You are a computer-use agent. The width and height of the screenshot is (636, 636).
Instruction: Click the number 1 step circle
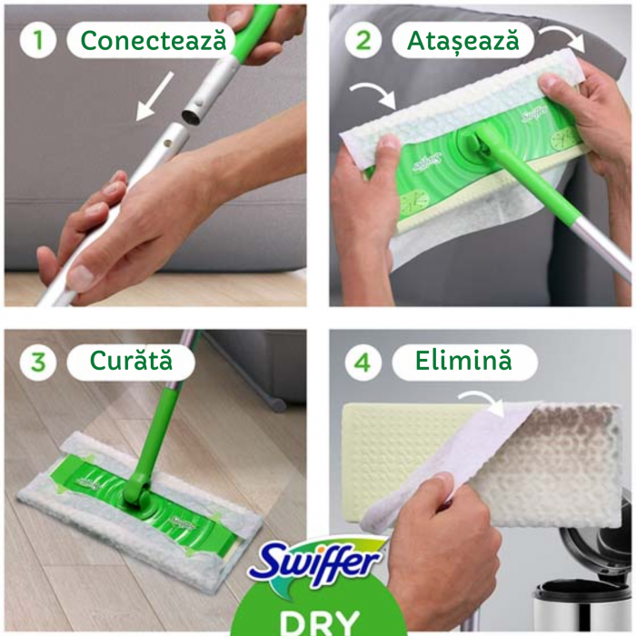[x=38, y=41]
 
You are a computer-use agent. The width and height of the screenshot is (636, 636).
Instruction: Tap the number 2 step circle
[x=363, y=41]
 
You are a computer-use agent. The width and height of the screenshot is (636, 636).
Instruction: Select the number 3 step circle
[x=38, y=361]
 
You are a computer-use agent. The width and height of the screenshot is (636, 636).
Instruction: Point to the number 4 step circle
[x=363, y=362]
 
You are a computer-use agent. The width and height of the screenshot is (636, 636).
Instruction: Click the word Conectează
[x=155, y=41]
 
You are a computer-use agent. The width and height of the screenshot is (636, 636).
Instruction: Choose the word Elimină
[x=463, y=362]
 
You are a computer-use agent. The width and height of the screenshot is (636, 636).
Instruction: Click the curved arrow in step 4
[x=482, y=401]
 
